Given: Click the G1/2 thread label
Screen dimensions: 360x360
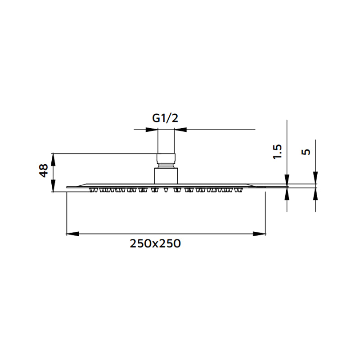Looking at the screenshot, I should pyautogui.click(x=166, y=118).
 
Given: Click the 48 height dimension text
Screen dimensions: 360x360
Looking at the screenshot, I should pyautogui.click(x=44, y=171).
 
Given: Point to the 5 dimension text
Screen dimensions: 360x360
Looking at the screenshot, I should pyautogui.click(x=306, y=152).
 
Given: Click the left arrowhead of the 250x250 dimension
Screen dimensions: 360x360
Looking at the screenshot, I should pyautogui.click(x=72, y=234).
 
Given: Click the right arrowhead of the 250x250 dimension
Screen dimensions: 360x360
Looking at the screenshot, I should pyautogui.click(x=260, y=234).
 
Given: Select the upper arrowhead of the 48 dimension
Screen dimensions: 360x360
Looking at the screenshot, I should pyautogui.click(x=53, y=159).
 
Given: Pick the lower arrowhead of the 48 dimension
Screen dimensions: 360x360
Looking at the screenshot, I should pyautogui.click(x=53, y=187).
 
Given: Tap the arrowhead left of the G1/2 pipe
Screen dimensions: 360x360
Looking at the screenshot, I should pyautogui.click(x=152, y=130).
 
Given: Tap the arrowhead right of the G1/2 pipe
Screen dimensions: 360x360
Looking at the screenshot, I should pyautogui.click(x=180, y=130).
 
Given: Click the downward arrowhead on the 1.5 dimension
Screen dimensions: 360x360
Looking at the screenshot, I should pyautogui.click(x=287, y=179).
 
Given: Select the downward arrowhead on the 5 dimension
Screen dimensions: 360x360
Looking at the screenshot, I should pyautogui.click(x=315, y=179).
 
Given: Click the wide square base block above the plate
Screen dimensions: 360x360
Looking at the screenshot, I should pyautogui.click(x=166, y=175).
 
